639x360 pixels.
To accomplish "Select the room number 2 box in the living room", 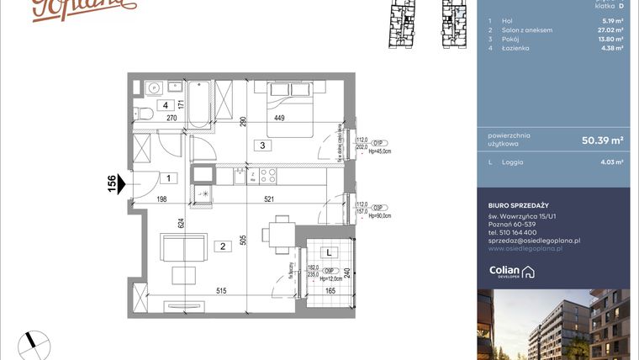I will click(224, 246).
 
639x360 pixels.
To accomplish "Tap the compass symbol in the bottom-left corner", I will click(35, 342).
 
